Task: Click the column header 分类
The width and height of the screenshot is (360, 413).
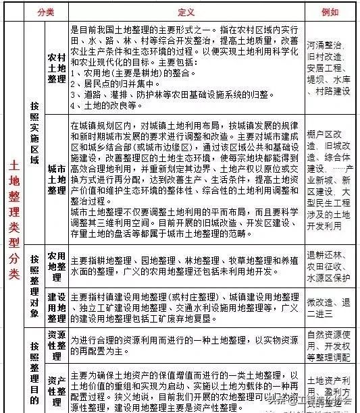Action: tap(45, 11)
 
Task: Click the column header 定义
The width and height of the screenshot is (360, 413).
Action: tap(186, 11)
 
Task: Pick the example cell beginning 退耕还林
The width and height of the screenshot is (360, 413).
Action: tap(328, 267)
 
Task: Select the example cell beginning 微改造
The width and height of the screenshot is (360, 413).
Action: tap(328, 307)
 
